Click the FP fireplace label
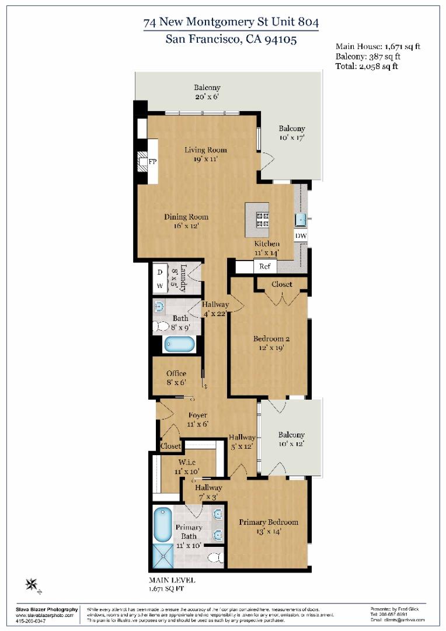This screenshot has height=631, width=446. click(152, 161)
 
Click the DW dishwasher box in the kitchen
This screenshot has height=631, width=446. click(301, 235)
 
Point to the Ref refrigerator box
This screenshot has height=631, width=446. click(265, 266)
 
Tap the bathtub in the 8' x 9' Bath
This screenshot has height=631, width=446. click(179, 344)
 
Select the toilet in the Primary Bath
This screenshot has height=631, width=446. click(215, 557)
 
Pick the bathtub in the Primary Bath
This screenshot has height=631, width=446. click(163, 524)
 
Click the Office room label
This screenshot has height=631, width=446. click(176, 373)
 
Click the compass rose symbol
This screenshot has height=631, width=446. click(33, 584)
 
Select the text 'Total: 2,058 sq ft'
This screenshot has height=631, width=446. click(367, 67)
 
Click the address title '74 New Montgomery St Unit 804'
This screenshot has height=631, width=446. click(231, 23)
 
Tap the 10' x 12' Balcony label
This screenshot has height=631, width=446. click(291, 435)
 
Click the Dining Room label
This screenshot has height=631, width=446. click(186, 217)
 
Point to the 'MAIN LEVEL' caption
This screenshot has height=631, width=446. click(172, 580)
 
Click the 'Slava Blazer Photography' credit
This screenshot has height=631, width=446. click(46, 609)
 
